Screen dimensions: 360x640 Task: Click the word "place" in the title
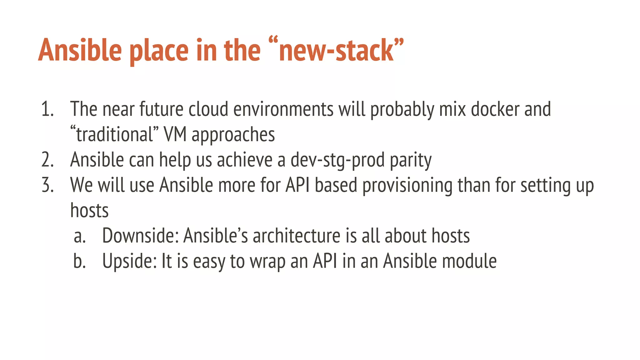[x=159, y=51]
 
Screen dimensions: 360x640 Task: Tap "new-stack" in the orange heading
[x=336, y=51]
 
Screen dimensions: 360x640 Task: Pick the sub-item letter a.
[x=79, y=236]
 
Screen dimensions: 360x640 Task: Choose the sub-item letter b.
[x=79, y=261]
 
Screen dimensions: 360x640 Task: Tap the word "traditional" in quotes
[x=114, y=135]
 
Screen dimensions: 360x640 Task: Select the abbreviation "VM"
[x=175, y=135]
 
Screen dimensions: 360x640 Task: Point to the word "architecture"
[x=296, y=236]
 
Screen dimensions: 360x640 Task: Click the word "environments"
[x=283, y=109]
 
